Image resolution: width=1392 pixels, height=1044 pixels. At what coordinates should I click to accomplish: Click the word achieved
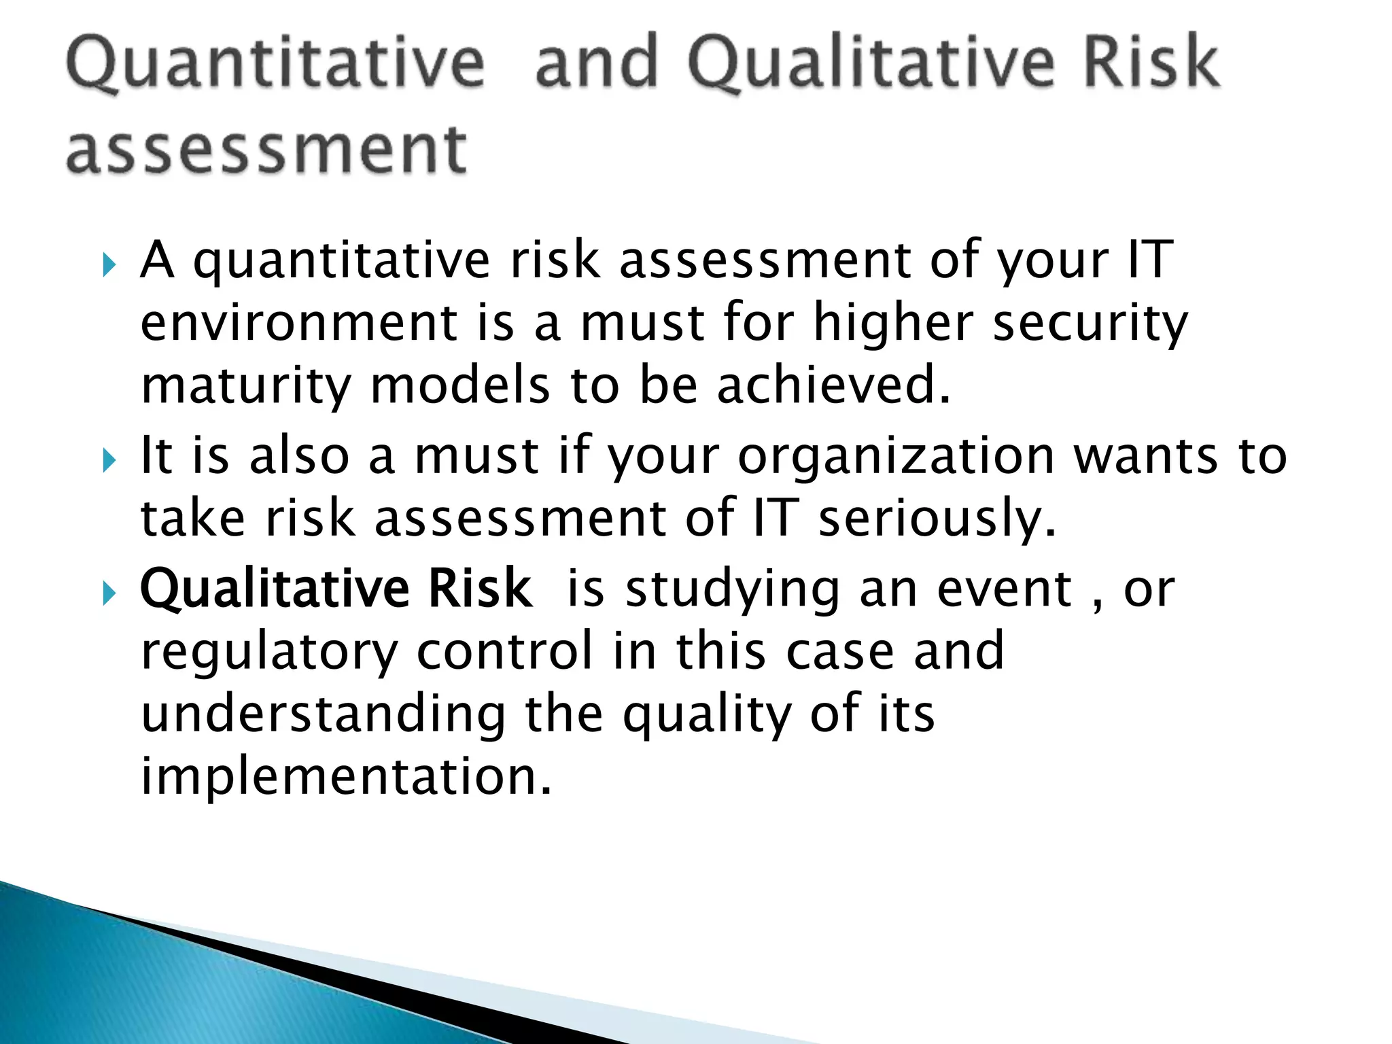(833, 385)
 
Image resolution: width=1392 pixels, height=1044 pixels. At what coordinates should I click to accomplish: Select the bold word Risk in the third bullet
(479, 588)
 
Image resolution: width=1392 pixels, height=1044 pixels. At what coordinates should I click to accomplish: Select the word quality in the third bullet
(707, 715)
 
